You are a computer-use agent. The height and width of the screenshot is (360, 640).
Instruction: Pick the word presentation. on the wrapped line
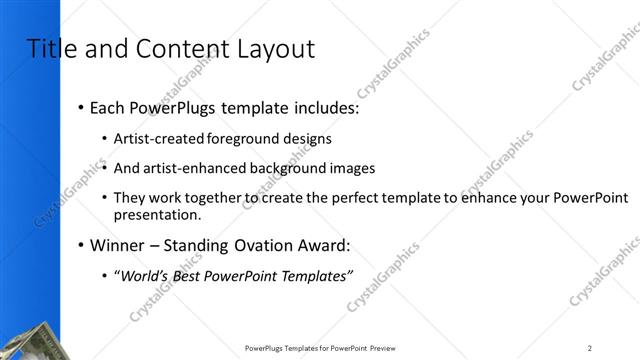(x=158, y=214)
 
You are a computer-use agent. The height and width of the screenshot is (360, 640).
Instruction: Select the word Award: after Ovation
(x=328, y=245)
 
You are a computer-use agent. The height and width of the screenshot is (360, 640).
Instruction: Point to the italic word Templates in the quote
(x=313, y=276)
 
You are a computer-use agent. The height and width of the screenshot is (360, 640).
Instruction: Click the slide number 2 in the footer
(x=590, y=348)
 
